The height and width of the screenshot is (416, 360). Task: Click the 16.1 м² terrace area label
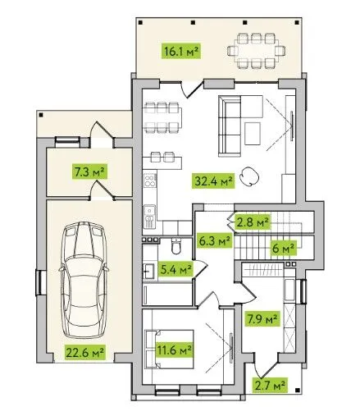point(181,51)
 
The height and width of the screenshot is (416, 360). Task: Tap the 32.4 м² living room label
point(214,181)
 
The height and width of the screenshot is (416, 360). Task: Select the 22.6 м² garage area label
point(84,352)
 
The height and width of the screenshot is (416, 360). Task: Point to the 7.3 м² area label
point(90,171)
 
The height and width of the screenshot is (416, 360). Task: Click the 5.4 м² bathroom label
point(175,269)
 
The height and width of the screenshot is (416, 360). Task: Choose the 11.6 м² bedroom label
point(174,350)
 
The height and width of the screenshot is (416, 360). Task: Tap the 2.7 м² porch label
point(270,386)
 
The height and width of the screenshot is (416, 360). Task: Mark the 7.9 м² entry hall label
point(262,318)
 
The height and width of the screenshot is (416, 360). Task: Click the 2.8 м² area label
point(253,222)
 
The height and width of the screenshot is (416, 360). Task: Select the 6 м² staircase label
point(284,248)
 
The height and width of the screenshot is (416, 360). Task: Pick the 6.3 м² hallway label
point(215,241)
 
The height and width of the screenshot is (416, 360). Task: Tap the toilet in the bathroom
point(176,246)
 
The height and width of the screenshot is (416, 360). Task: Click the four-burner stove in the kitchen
point(150,181)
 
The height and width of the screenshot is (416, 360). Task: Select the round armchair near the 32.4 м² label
point(249,176)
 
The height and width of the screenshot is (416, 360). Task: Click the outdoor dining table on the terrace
point(257,51)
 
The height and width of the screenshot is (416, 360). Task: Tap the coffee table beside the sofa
point(253,134)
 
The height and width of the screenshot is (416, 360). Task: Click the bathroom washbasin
point(149,271)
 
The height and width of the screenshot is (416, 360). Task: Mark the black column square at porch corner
point(298,390)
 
